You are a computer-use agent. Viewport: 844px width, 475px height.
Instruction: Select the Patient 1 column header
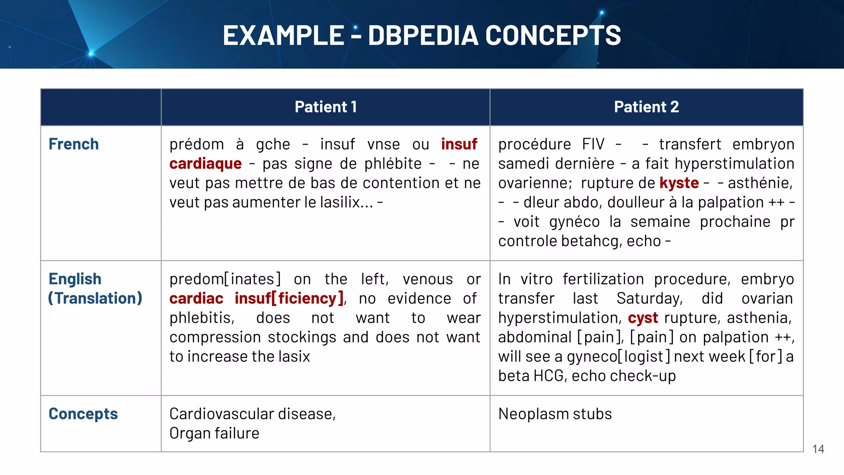tap(326, 107)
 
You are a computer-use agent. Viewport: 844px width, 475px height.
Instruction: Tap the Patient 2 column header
tap(646, 107)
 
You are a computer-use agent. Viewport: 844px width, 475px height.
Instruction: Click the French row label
tap(74, 144)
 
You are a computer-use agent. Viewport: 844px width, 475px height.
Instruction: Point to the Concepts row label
tap(83, 414)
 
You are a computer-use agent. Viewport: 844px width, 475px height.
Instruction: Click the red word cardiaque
tap(205, 164)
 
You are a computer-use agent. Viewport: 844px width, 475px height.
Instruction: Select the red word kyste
tap(679, 183)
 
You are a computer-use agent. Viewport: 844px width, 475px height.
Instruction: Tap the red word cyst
tap(643, 318)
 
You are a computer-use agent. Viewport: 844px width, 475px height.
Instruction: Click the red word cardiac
tap(196, 299)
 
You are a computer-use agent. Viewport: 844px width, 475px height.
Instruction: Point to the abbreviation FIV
tap(593, 144)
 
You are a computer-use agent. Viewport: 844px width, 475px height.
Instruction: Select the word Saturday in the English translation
tap(649, 299)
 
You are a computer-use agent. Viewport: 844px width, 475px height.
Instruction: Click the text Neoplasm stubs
tap(555, 414)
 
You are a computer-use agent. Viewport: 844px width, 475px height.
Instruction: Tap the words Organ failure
tap(214, 433)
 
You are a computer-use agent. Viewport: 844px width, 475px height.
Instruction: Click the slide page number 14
tap(818, 449)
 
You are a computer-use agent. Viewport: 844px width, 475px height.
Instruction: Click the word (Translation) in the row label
tap(95, 299)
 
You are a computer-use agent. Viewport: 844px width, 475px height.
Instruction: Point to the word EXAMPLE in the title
tap(283, 35)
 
